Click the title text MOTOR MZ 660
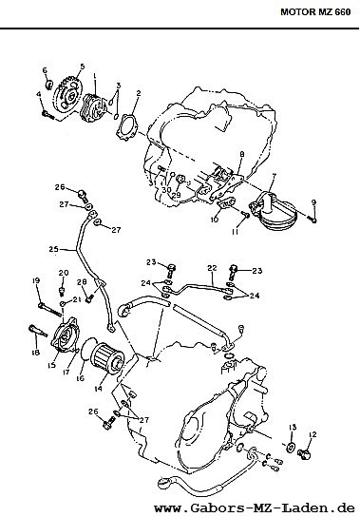pyautogui.click(x=315, y=12)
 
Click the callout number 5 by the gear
pyautogui.click(x=82, y=67)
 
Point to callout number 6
pyautogui.click(x=45, y=70)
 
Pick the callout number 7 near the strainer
pyautogui.click(x=274, y=177)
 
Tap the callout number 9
pyautogui.click(x=313, y=202)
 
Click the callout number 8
pyautogui.click(x=242, y=154)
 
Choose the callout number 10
pyautogui.click(x=215, y=219)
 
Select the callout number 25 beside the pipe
pyautogui.click(x=54, y=249)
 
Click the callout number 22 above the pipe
pyautogui.click(x=212, y=268)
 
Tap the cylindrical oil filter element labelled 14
pyautogui.click(x=107, y=357)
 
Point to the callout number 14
pyautogui.click(x=98, y=389)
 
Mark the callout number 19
pyautogui.click(x=36, y=280)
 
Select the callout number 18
pyautogui.click(x=35, y=353)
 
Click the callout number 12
pyautogui.click(x=313, y=434)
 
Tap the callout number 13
pyautogui.click(x=293, y=428)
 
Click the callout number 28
pyautogui.click(x=82, y=282)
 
